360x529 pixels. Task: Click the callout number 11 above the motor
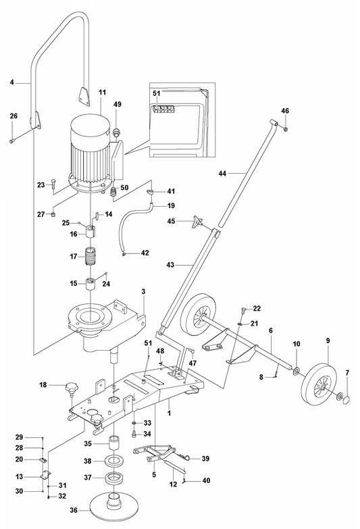pyautogui.click(x=102, y=91)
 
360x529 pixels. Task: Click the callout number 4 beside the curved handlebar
pyautogui.click(x=11, y=83)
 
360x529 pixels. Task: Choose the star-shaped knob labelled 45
pyautogui.click(x=195, y=222)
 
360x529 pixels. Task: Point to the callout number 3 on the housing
pyautogui.click(x=143, y=291)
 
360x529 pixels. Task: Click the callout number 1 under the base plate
pyautogui.click(x=169, y=411)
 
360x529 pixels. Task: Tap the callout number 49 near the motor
pyautogui.click(x=118, y=104)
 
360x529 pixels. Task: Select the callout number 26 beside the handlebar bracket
pyautogui.click(x=14, y=116)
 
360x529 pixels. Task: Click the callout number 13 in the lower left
pyautogui.click(x=19, y=476)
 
